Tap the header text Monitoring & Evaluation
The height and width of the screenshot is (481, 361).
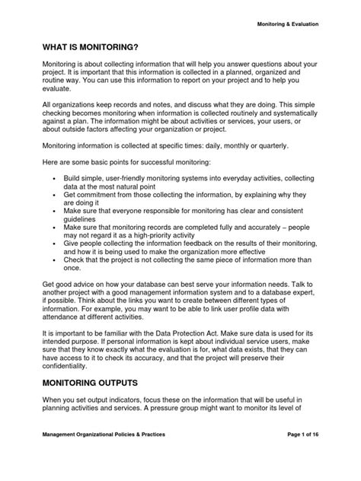coord(286,24)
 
